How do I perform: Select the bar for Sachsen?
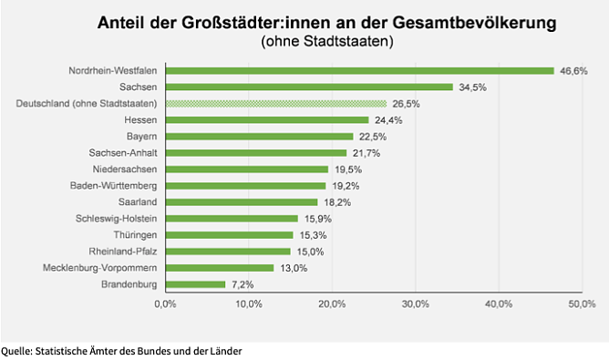coord(308,87)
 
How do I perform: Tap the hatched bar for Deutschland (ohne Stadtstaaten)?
coord(274,104)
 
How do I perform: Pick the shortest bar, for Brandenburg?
coord(194,284)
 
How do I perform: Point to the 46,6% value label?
coord(573,70)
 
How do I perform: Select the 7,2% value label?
coord(243,284)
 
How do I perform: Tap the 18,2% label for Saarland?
coord(337,202)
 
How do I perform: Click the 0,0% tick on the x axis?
coord(164,303)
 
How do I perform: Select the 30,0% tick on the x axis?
coord(415,303)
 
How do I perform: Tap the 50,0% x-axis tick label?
coord(581,303)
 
